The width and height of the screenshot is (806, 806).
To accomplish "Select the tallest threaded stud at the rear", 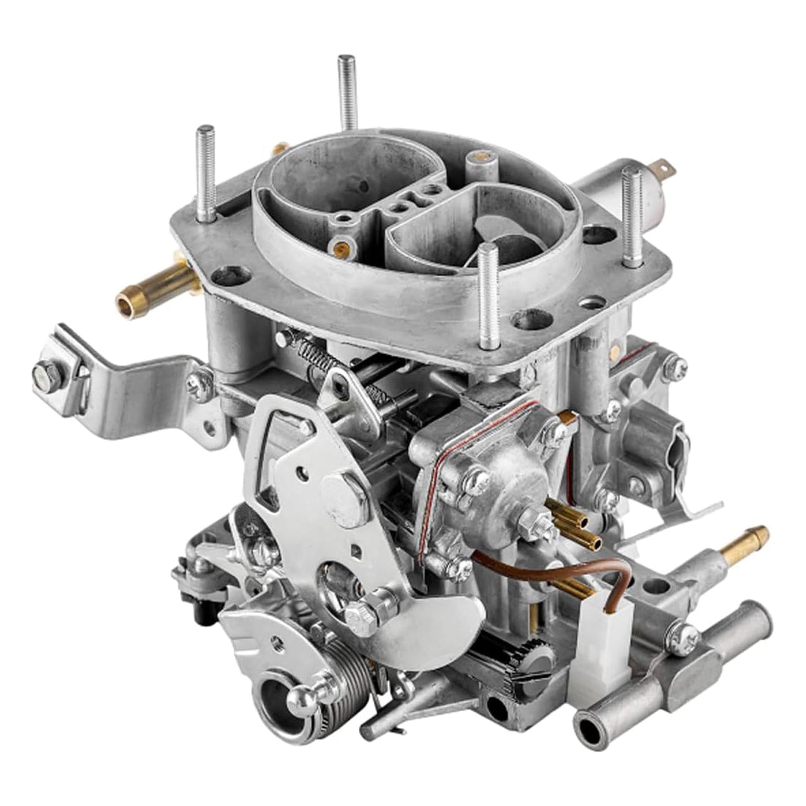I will pos(347,92).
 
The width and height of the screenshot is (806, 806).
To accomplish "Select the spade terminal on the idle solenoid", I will pos(661,166).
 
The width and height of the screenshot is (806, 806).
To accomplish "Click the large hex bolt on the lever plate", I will pos(345,495).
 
